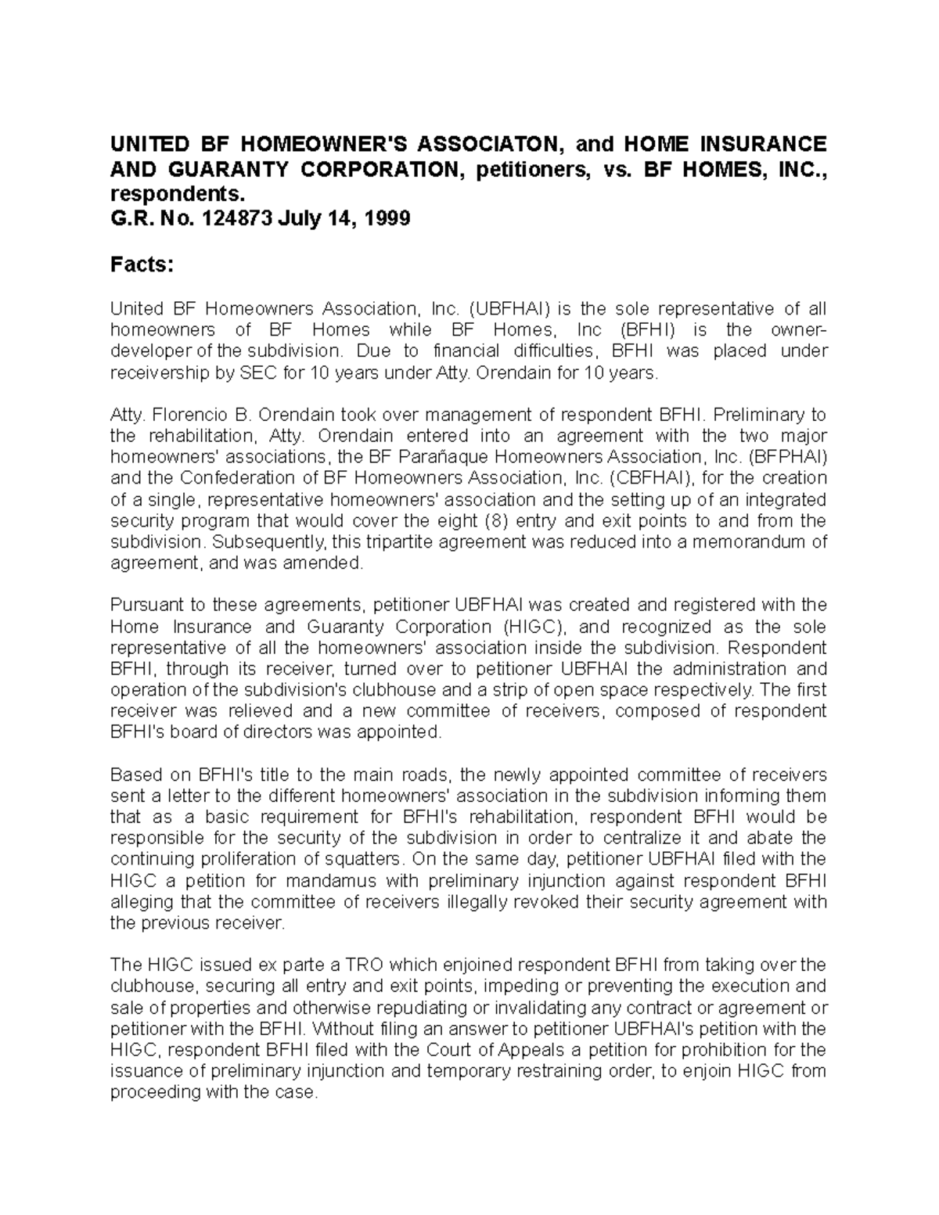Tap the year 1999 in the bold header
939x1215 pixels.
click(x=384, y=218)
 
